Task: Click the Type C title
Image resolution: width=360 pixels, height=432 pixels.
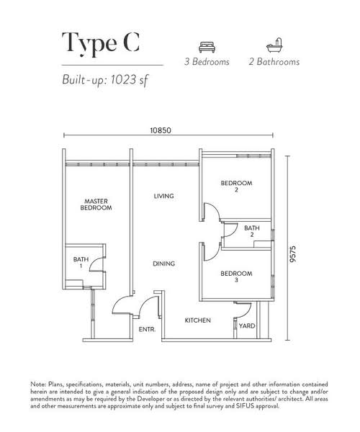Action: (101, 43)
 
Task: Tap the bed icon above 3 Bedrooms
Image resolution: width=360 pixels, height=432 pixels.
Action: (207, 47)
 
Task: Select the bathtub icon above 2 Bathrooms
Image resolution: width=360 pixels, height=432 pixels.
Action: (274, 45)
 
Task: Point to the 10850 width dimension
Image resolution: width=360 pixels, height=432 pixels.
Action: (161, 130)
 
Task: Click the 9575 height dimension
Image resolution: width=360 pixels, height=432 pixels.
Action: (293, 253)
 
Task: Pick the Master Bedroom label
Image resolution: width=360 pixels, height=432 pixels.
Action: (96, 204)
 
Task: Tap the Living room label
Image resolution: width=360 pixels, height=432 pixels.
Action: (163, 196)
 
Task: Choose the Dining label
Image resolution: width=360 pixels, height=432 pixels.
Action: (164, 264)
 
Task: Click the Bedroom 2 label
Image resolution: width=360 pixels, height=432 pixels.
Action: (236, 186)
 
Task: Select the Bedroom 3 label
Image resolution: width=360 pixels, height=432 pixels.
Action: (236, 276)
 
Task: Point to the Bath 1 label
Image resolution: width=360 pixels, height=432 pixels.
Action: (81, 263)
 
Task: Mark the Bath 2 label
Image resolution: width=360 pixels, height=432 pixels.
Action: (252, 231)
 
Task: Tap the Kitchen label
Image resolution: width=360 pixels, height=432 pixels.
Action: (197, 320)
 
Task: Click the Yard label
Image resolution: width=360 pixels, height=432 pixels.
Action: (247, 326)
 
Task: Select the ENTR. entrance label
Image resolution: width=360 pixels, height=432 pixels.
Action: (147, 330)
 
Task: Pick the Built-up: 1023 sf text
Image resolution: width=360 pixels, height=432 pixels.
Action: (105, 80)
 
